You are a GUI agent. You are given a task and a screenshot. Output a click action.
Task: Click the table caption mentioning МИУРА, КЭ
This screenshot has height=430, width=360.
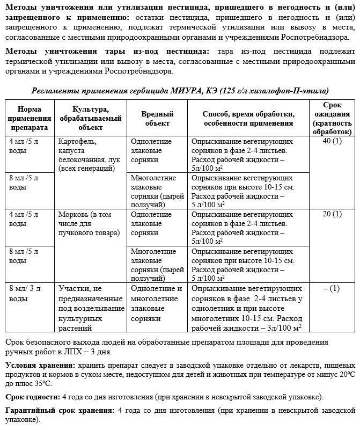coord(180,91)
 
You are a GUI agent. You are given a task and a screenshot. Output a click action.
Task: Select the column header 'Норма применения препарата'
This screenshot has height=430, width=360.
coord(30,119)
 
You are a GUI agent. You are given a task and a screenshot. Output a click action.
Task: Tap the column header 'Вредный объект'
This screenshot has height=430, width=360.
coord(157,119)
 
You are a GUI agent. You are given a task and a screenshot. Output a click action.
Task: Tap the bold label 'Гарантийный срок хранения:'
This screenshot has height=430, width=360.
coord(59,411)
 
